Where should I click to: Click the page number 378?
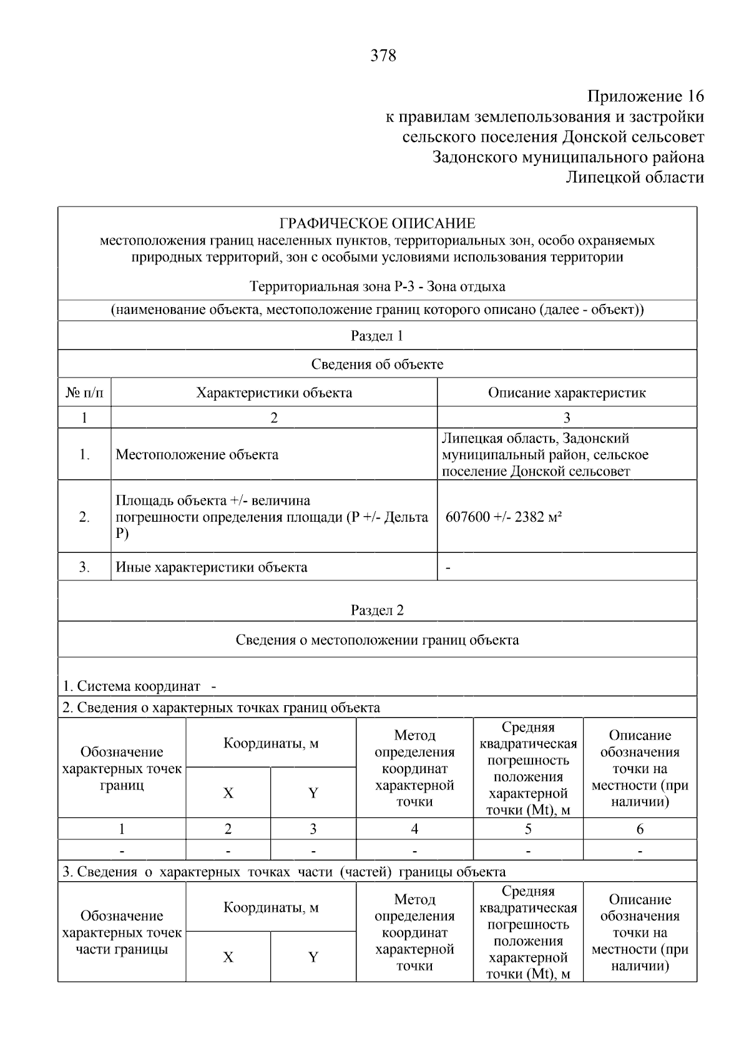pos(383,56)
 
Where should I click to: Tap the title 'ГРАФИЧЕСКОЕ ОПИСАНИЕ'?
pos(377,223)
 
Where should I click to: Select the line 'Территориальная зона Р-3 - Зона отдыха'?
pos(377,286)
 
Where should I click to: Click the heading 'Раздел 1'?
pos(377,336)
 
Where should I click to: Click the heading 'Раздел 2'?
pos(377,610)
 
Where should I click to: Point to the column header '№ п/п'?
pos(84,393)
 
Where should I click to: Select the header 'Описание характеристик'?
pos(566,393)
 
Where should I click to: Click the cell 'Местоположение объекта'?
pos(197,454)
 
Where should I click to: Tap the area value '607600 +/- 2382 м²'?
pos(504,517)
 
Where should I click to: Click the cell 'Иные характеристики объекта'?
pos(212,567)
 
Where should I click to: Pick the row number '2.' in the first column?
pos(84,517)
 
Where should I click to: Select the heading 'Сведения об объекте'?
pos(377,364)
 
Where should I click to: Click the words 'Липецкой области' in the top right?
pos(634,178)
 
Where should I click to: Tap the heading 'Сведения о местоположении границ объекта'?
pos(377,640)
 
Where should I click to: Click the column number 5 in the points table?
pos(528,829)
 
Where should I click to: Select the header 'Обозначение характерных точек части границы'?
pos(122,932)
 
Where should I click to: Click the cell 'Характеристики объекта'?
pos(274,393)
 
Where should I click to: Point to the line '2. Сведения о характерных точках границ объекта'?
pos(221,708)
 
